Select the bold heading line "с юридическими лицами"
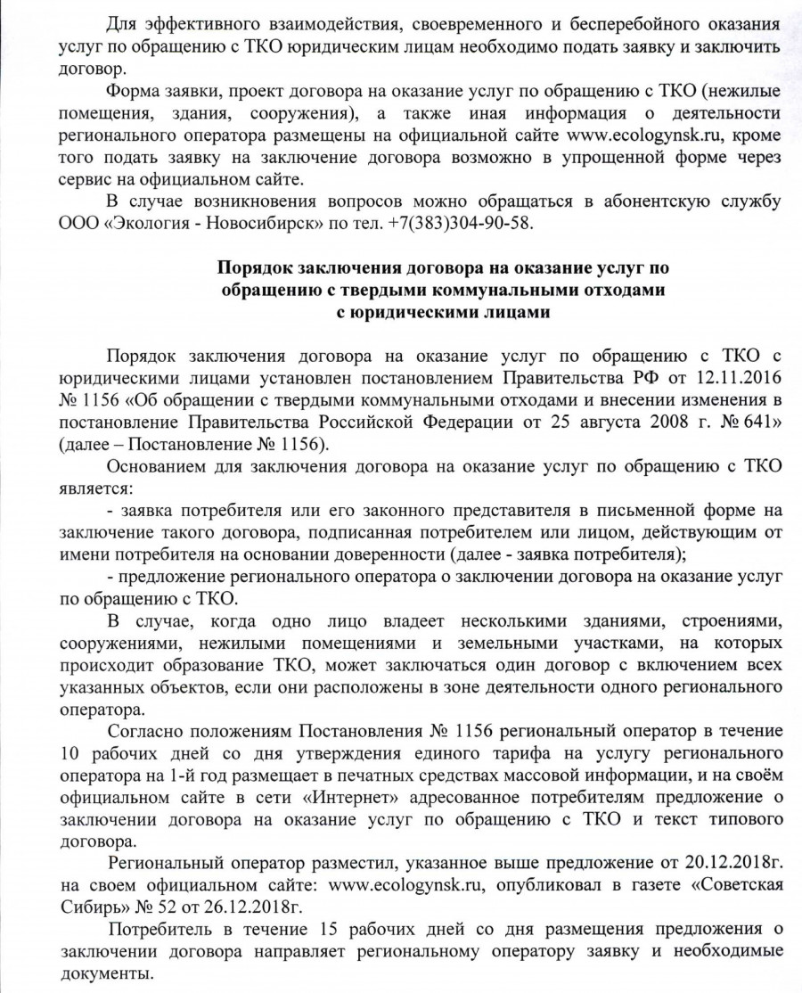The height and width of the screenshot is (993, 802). coord(444,311)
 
